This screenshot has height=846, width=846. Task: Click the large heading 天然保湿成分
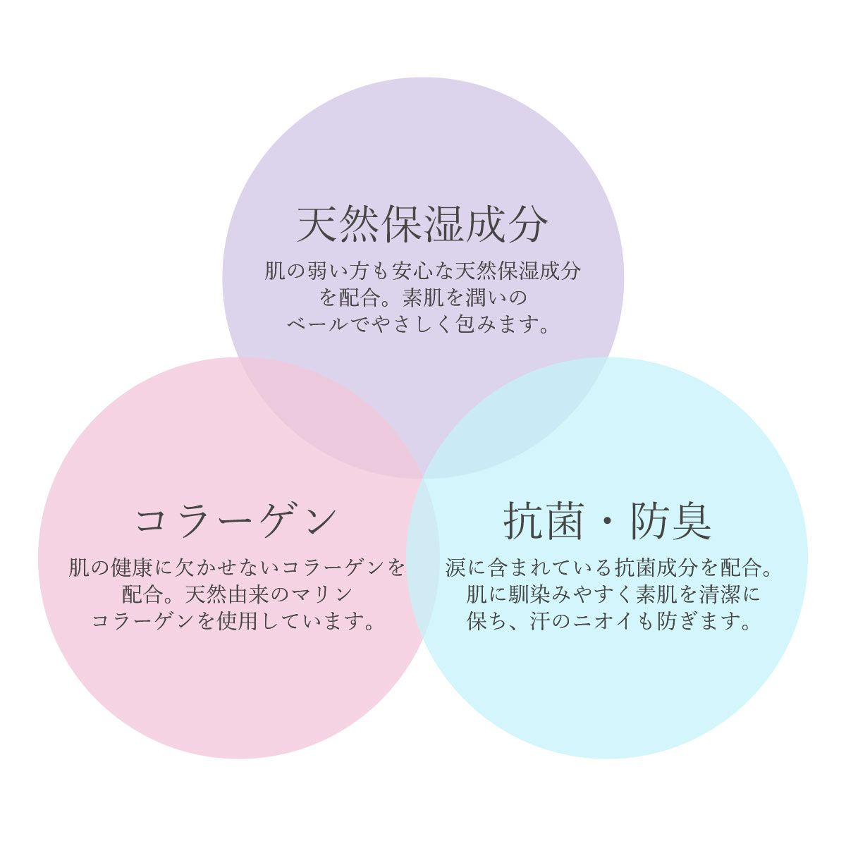coord(423,224)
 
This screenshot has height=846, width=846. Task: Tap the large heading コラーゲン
coord(235,521)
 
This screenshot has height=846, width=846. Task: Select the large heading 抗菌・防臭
coord(607,521)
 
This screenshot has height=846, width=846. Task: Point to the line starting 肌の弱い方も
coord(423,271)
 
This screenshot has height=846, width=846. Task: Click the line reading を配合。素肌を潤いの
coord(423,298)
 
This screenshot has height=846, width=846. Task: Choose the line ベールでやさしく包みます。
coord(418,325)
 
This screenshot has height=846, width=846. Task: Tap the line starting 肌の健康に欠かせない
coord(237,568)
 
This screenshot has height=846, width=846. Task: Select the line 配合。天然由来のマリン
coord(237,595)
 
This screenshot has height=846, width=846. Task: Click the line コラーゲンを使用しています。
coord(233,622)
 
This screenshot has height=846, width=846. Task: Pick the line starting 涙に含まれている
coord(609,568)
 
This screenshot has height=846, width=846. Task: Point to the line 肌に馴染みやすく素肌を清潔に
coord(613,595)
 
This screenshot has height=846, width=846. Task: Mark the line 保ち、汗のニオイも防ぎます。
coord(608,622)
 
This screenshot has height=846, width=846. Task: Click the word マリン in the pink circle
coord(321,595)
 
